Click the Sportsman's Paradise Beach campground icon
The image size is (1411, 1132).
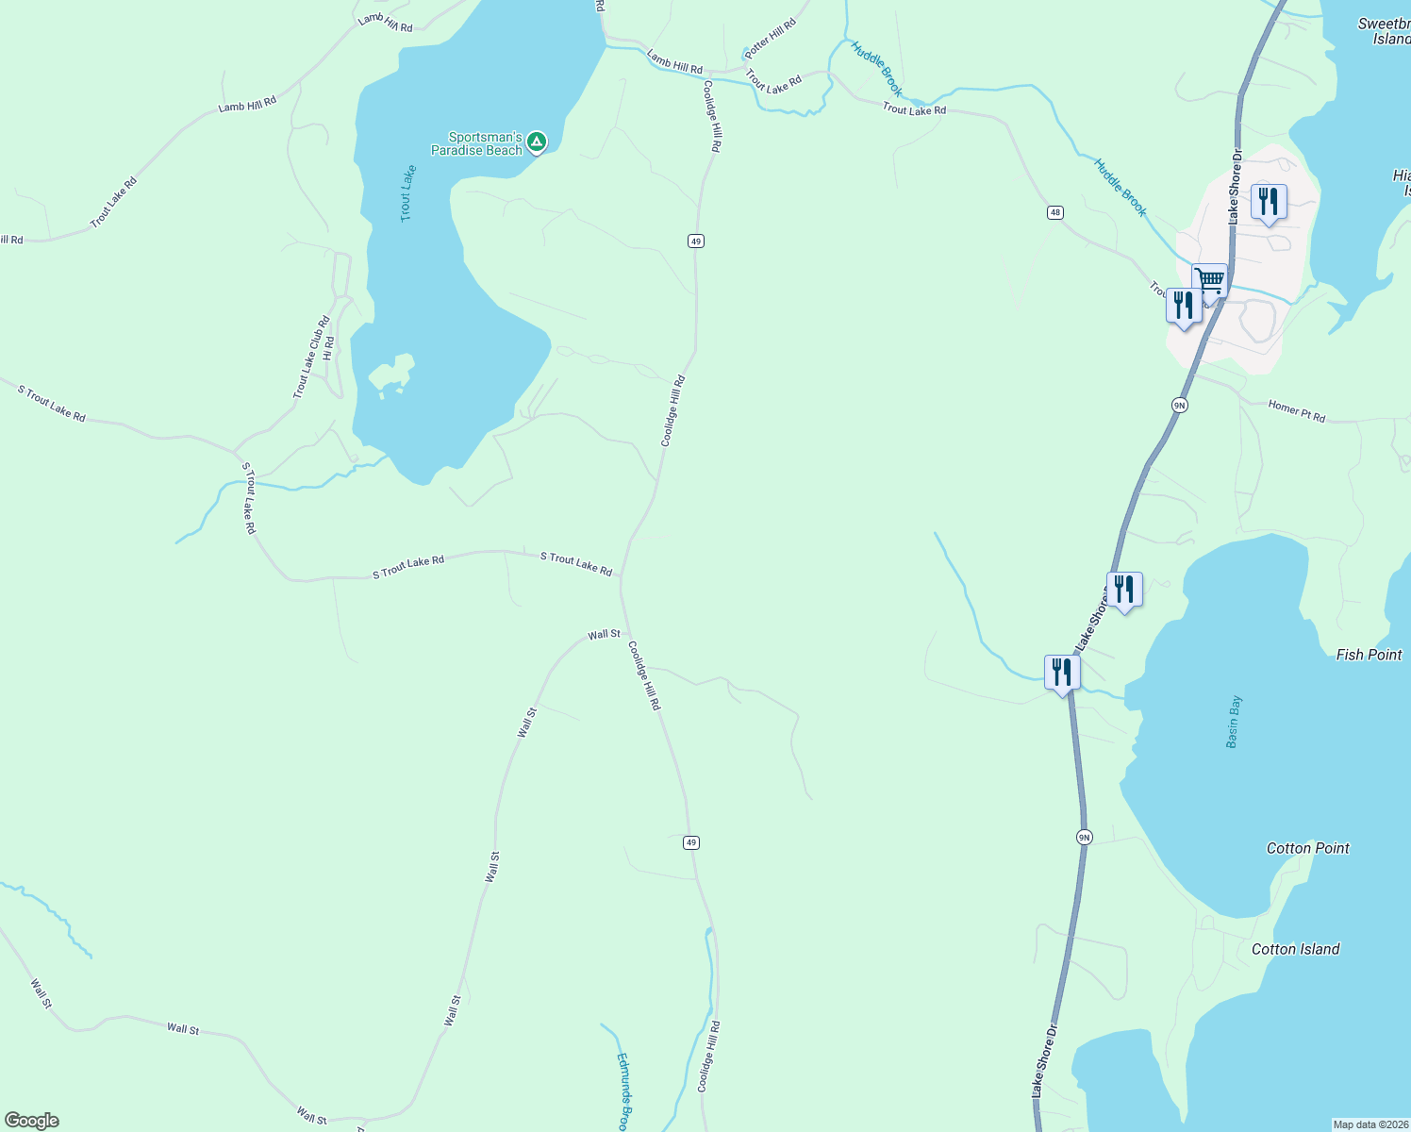point(536,142)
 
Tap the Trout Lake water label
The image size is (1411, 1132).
point(407,193)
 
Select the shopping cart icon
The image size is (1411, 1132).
point(1209,280)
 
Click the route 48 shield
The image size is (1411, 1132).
point(1054,212)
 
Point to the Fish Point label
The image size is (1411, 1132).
point(1369,655)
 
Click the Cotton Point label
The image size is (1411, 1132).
point(1307,848)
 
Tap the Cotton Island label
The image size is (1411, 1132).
point(1295,949)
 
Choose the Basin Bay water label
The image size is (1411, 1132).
point(1234,722)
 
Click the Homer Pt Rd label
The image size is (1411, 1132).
point(1296,411)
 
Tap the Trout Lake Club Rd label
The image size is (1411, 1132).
point(311,358)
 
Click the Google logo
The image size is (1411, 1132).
point(32,1121)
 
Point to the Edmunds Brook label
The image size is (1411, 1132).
point(622,1090)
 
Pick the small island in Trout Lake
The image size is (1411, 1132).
point(392,374)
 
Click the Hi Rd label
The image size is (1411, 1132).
point(328,348)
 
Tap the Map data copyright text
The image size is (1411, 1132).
point(1369,1124)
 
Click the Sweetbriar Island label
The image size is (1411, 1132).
point(1385,31)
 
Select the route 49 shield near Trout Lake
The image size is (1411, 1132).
point(695,241)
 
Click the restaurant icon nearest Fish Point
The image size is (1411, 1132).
point(1123,590)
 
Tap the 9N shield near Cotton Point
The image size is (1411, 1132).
point(1084,837)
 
